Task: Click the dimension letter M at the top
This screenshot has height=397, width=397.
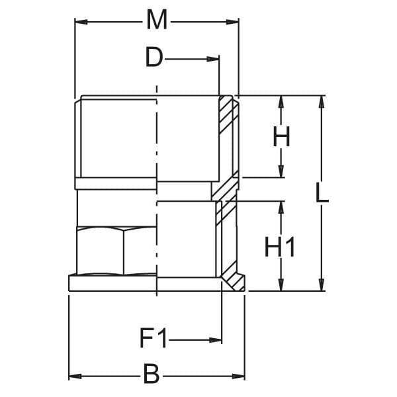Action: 157,20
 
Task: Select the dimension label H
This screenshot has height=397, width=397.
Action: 281,137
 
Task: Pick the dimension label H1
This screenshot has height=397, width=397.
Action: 279,247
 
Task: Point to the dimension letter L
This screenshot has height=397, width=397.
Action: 322,193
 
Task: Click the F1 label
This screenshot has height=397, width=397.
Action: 154,339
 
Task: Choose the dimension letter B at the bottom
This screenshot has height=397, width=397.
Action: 152,374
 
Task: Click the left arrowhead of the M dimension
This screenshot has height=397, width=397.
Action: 81,22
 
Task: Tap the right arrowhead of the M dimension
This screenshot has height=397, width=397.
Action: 232,22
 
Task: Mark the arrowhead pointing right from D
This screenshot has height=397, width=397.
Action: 212,60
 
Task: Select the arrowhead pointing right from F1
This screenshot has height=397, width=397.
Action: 216,340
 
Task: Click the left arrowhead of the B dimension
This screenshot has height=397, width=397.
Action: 75,376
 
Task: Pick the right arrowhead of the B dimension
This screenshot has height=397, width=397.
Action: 238,376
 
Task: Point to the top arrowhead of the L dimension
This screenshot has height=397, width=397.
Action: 322,102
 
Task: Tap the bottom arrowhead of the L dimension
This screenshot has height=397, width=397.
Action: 322,285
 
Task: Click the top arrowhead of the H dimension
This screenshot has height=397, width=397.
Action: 281,102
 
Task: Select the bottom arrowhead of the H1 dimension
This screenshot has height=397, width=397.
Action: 281,285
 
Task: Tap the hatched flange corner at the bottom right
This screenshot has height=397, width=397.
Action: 234,282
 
